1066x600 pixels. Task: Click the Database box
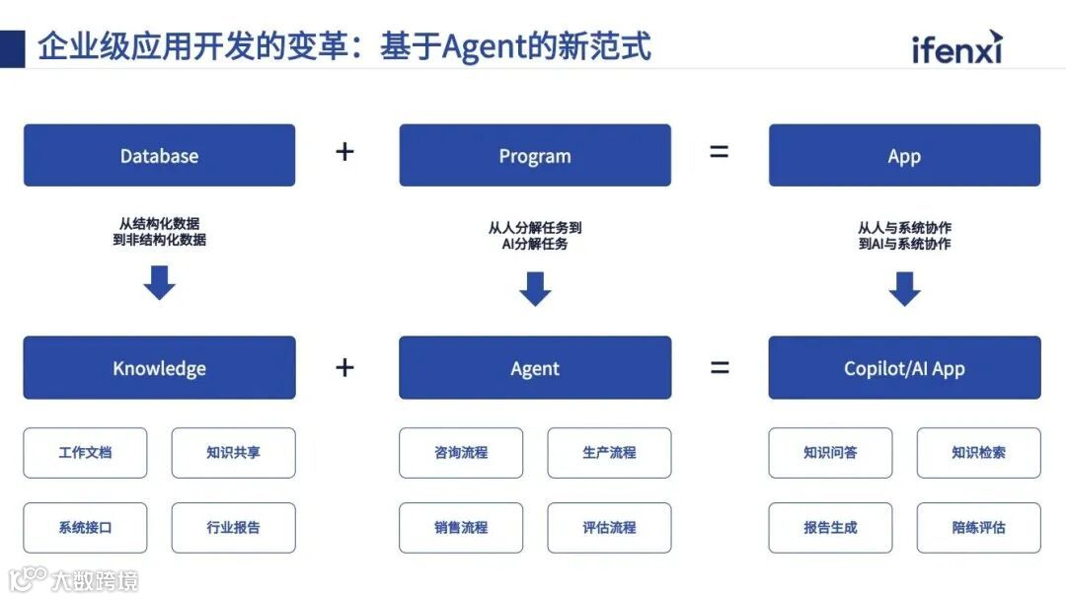click(159, 155)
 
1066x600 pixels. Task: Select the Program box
click(534, 155)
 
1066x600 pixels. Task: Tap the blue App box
click(904, 155)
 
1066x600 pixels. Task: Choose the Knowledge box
click(159, 368)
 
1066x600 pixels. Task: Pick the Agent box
click(534, 368)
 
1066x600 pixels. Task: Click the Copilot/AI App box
click(904, 368)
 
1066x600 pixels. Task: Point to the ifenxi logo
click(955, 48)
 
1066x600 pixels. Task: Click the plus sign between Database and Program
click(344, 152)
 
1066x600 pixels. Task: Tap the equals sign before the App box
click(720, 152)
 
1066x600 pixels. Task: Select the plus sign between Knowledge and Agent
click(344, 368)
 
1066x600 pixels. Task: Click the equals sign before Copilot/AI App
click(720, 368)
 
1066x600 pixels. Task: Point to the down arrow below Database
click(159, 283)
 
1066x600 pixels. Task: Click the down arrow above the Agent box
click(534, 289)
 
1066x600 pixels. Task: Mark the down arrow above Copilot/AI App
click(904, 289)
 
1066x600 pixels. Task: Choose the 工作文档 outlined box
click(85, 453)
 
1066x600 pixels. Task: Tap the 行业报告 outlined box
click(233, 528)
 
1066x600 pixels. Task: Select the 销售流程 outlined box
click(461, 528)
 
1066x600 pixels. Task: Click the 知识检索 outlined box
click(978, 453)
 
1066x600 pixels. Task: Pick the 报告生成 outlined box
click(830, 528)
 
